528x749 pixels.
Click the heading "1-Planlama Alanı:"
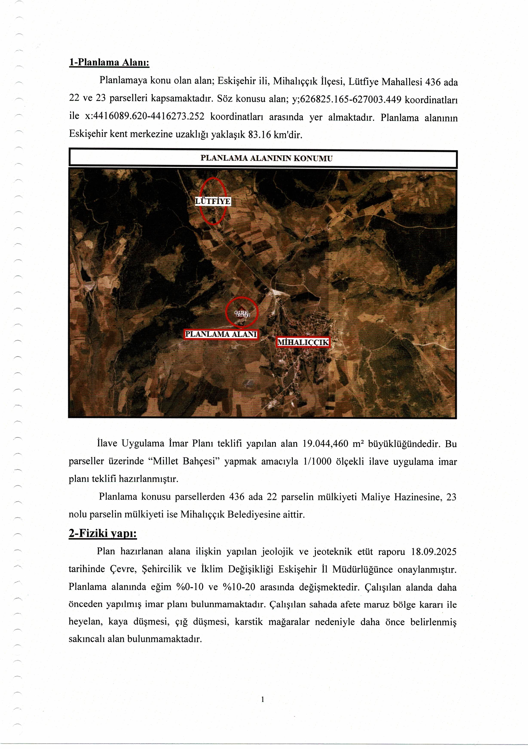coord(109,62)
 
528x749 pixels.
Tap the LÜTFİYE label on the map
coord(213,201)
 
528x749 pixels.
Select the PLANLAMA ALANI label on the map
coord(221,334)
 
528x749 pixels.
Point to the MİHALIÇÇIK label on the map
coord(303,342)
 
